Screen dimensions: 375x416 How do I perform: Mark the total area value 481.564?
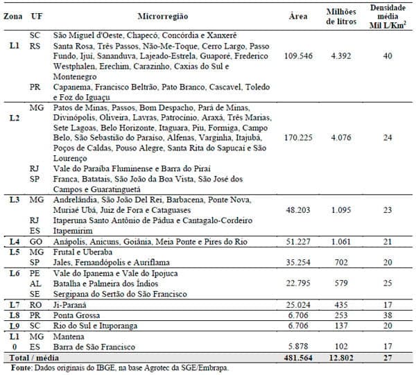(296, 356)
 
